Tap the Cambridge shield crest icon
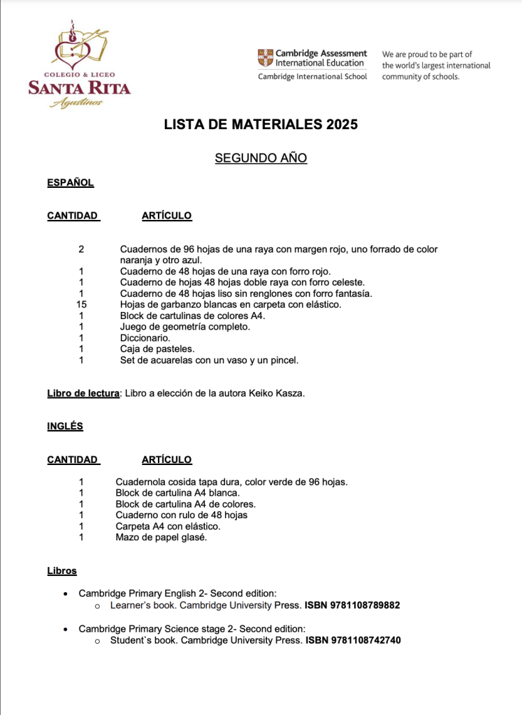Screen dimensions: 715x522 click(265, 57)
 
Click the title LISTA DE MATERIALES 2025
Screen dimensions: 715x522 click(261, 125)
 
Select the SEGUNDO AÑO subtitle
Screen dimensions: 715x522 click(261, 159)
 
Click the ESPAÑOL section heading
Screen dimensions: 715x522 click(70, 183)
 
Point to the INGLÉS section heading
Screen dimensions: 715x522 click(64, 426)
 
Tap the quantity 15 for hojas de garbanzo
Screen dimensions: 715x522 click(81, 304)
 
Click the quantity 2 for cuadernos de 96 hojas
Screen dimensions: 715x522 click(81, 249)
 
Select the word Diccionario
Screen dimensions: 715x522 click(145, 338)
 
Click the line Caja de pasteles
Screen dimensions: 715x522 click(157, 349)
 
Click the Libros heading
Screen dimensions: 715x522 click(61, 571)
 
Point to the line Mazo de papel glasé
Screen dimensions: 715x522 click(161, 538)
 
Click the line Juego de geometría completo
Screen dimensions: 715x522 click(184, 327)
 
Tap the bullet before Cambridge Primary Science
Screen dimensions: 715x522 click(65, 629)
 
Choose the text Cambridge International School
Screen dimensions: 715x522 click(312, 77)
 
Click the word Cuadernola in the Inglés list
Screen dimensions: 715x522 click(140, 482)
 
